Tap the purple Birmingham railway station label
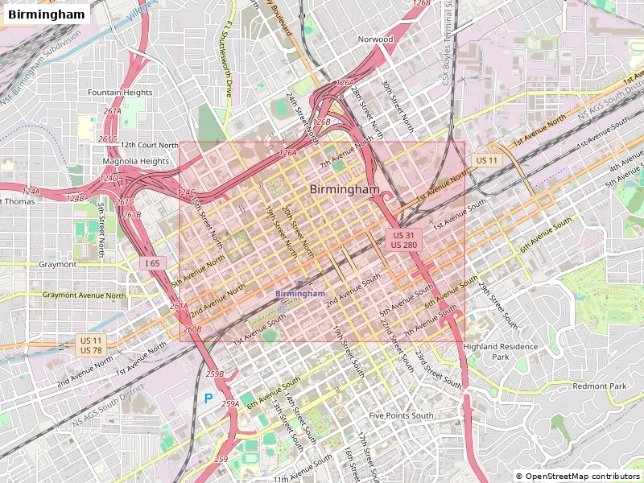tap(300, 294)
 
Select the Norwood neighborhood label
tap(376, 39)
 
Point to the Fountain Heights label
tap(120, 93)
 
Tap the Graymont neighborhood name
tap(58, 264)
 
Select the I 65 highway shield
tap(153, 263)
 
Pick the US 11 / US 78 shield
tap(91, 345)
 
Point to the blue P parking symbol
tap(208, 398)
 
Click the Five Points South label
tap(401, 415)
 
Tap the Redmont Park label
tap(599, 386)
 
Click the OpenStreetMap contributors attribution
tap(578, 476)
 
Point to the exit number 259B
tap(215, 374)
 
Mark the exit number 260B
tap(192, 329)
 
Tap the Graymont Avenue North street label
tap(85, 295)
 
